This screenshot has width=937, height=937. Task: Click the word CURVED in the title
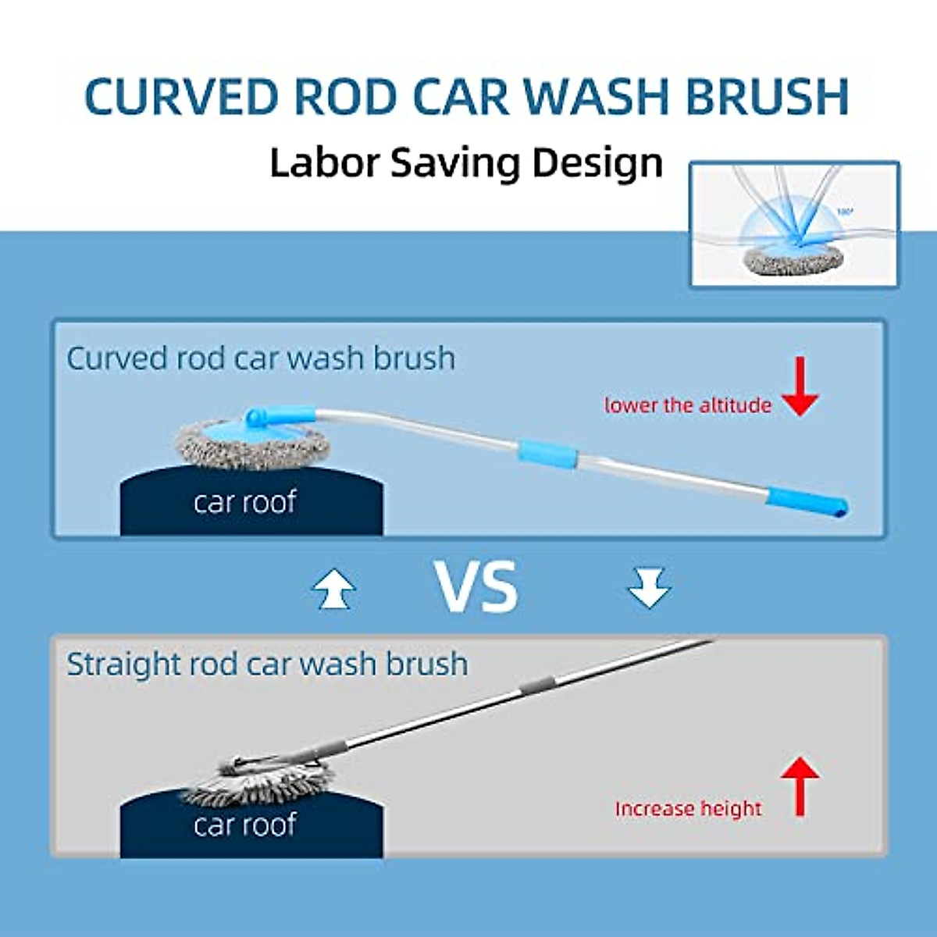[181, 97]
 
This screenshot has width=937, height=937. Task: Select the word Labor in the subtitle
[322, 162]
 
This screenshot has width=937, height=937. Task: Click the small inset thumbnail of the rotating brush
[794, 224]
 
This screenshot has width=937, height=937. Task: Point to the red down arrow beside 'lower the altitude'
[800, 386]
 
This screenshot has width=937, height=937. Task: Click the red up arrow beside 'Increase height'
[800, 786]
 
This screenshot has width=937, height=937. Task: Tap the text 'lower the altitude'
[687, 405]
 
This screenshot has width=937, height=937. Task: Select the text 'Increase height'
[687, 808]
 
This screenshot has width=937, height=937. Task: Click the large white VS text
[476, 587]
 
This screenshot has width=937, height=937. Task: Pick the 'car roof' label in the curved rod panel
[245, 502]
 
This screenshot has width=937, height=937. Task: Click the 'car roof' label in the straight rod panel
[245, 825]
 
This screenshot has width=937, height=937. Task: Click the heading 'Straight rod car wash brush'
[267, 664]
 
